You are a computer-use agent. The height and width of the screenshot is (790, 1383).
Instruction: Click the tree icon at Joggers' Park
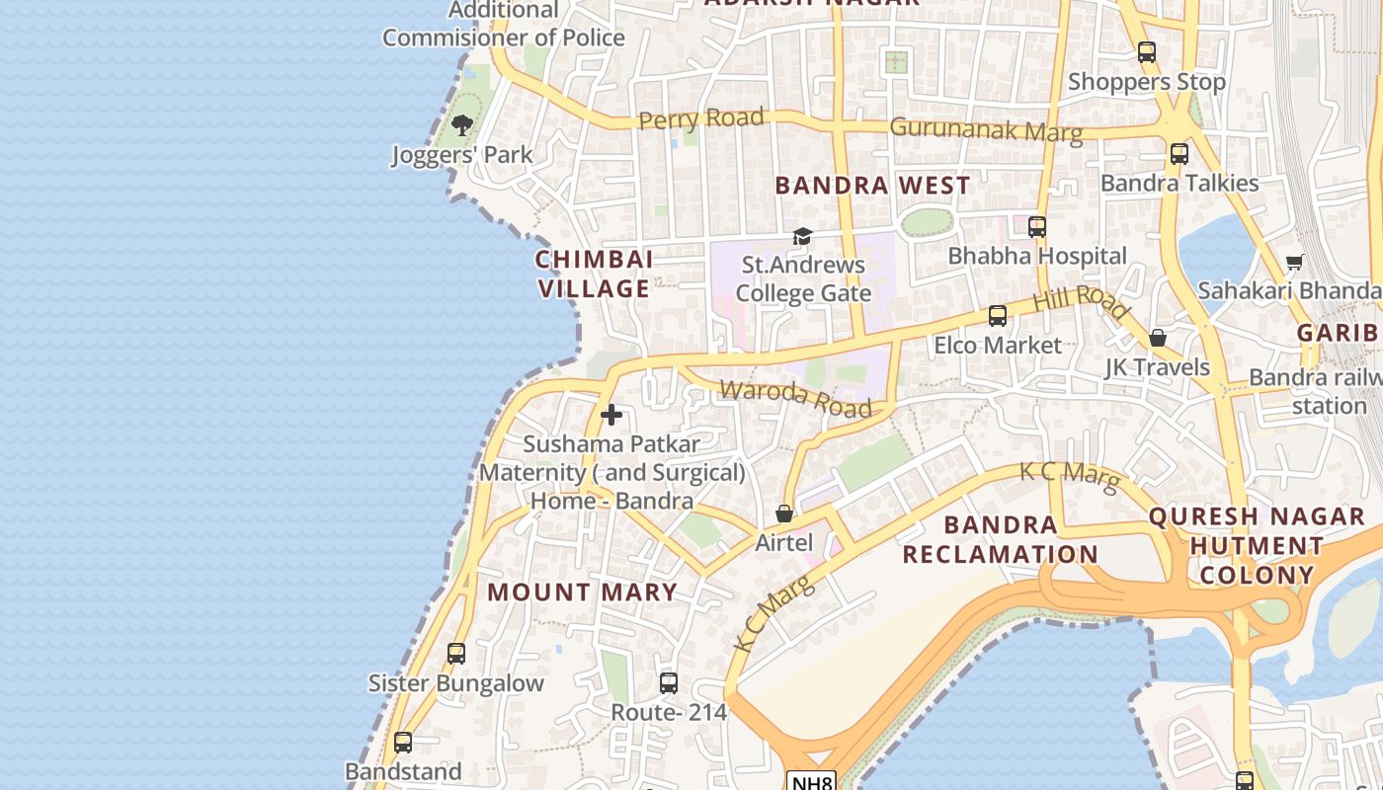point(461,125)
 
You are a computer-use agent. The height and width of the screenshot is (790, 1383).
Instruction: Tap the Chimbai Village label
point(594,274)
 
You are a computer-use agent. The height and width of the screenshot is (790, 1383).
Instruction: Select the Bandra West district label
point(872,186)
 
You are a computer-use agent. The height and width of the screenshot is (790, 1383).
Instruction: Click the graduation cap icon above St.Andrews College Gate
point(802,237)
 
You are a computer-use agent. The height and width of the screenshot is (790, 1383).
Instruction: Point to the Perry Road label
point(700,119)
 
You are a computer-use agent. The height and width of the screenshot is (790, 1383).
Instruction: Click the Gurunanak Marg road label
point(985,128)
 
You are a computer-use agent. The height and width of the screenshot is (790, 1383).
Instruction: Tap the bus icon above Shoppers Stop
point(1146,53)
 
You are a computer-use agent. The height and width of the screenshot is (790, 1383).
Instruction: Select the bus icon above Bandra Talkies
point(1179,154)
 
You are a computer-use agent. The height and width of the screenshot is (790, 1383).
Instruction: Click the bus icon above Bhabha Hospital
point(1036,227)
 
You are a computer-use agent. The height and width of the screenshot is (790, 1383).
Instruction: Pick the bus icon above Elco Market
point(998,316)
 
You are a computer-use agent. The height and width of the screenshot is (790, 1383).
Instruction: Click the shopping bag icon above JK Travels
point(1158,339)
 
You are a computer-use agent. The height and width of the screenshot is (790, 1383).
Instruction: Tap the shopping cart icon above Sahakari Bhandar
point(1294,262)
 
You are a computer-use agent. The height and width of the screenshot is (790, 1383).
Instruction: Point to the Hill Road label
point(1081,300)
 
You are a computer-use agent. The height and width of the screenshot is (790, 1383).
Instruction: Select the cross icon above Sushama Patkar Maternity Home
point(611,415)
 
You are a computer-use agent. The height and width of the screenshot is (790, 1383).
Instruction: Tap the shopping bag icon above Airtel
point(783,513)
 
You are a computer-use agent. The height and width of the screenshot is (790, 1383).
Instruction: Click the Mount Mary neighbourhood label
point(583,592)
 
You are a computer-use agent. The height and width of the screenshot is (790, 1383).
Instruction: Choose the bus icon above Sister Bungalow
point(455,654)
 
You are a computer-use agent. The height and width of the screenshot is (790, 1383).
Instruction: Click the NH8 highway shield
point(811,781)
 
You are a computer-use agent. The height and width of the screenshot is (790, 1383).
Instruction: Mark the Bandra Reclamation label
point(1000,539)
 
